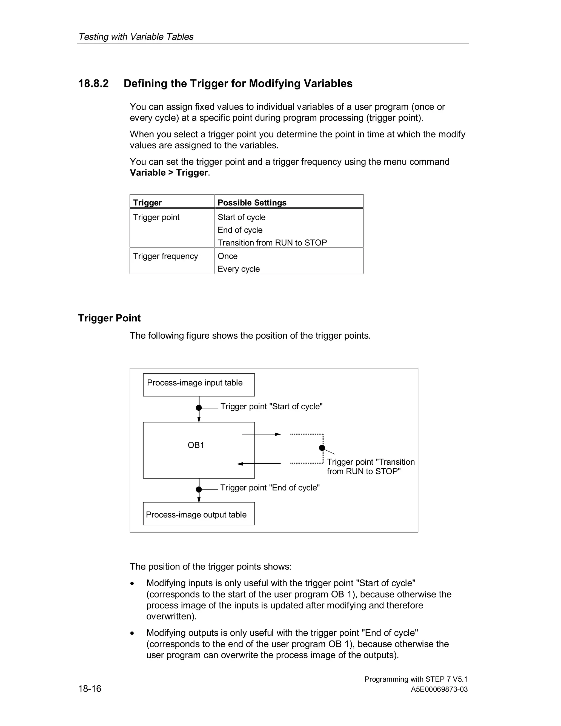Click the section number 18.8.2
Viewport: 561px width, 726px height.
(93, 84)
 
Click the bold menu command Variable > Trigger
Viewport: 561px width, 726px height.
(169, 173)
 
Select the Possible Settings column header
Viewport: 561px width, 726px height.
(252, 202)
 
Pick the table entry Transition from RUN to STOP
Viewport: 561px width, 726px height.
(272, 243)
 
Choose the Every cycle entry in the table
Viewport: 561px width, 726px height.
(239, 269)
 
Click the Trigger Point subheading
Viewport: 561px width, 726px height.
(109, 318)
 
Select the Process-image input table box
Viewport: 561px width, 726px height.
(199, 385)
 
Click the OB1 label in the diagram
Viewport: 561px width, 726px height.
(196, 445)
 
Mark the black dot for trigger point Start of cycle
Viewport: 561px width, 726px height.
(199, 408)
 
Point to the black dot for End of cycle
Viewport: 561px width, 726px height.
(199, 489)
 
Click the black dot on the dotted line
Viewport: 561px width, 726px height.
(322, 448)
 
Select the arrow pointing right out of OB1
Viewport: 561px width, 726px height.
(262, 434)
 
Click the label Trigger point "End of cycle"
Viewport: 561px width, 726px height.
(270, 488)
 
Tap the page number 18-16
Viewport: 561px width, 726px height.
(90, 688)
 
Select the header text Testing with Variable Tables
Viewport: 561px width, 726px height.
(136, 36)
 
